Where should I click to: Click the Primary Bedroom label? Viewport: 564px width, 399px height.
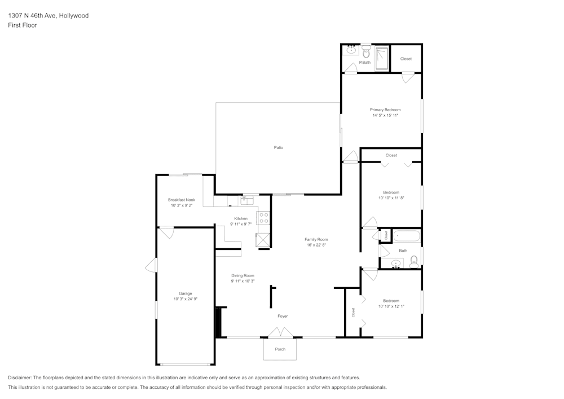coord(385,109)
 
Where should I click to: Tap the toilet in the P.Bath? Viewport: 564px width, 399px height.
coord(365,52)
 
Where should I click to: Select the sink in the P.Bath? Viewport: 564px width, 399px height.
coord(351,50)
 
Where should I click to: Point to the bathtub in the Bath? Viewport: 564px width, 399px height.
coord(406,236)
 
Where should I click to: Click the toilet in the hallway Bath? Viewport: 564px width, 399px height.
coord(414,260)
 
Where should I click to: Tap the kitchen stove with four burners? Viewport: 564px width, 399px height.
coord(263,218)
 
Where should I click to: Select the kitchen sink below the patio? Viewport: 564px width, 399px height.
coord(248,199)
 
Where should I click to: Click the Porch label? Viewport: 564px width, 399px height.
coord(280,349)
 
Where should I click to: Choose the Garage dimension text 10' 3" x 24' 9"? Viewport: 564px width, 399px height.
coord(186,299)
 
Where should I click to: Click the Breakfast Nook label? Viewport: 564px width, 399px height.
coord(182,200)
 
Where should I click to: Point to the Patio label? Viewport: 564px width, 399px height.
coord(279,148)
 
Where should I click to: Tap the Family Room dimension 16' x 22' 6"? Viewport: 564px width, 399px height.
coord(316,245)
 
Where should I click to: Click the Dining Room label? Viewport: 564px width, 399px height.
coord(243,275)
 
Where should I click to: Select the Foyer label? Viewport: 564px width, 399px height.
coord(283,316)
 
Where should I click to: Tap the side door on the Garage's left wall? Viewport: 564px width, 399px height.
coord(151,265)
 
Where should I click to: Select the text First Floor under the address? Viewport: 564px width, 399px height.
coord(23,25)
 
